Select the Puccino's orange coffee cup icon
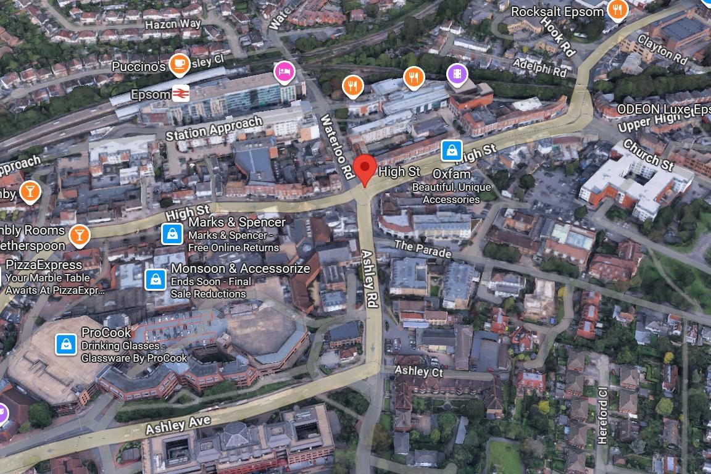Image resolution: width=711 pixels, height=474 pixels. (x=179, y=63)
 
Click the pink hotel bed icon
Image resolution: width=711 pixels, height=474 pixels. (x=284, y=72)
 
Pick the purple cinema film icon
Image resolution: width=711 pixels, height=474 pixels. (x=457, y=74)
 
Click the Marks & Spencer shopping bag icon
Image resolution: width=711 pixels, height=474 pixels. (x=172, y=233)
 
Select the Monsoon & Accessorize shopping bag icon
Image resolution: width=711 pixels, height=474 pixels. (x=155, y=279)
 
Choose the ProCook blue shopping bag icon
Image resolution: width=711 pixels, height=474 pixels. (x=65, y=344)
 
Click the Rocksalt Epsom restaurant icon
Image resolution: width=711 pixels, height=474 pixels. (x=617, y=9)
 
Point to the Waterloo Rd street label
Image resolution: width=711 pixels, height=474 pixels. (x=337, y=144)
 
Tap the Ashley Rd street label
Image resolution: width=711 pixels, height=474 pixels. (x=370, y=279)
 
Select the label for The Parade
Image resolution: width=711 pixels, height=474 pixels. (x=423, y=249)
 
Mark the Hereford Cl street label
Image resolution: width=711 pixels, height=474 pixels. (x=602, y=415)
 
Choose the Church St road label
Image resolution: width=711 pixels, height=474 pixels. (x=649, y=156)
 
